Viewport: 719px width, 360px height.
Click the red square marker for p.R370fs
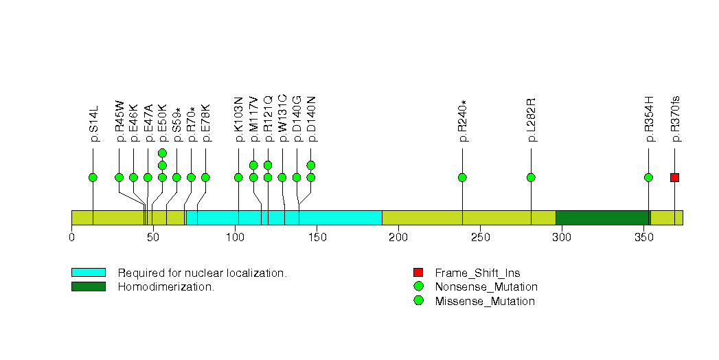[674, 177]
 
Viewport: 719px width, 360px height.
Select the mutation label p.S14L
[93, 124]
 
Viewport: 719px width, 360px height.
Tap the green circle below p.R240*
[462, 177]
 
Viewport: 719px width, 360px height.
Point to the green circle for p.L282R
[531, 177]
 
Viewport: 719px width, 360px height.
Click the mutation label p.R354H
[649, 120]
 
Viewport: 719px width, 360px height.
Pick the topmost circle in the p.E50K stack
[162, 153]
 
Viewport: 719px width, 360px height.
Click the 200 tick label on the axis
[398, 237]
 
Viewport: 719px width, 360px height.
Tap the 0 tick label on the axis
[71, 237]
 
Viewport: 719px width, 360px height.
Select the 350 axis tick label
[643, 237]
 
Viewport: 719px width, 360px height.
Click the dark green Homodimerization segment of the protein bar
[603, 218]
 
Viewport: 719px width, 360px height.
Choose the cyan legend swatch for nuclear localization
[89, 273]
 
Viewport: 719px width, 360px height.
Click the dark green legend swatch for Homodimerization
[89, 286]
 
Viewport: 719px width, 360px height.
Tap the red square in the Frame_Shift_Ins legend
[418, 273]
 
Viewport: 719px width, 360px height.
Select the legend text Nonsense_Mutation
[486, 287]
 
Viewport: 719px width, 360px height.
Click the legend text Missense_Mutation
[485, 302]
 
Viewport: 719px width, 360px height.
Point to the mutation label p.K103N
[239, 120]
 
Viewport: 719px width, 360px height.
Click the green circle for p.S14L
[93, 177]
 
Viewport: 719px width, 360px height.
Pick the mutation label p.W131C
[282, 118]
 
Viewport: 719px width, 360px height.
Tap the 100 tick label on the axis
[236, 237]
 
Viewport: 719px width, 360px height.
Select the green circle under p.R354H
[648, 177]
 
